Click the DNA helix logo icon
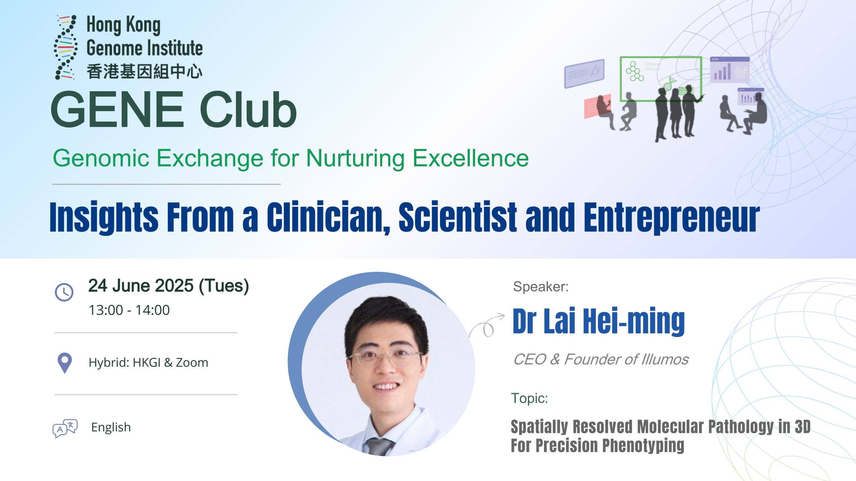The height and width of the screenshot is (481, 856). [x=66, y=47]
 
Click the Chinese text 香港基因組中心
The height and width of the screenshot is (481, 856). [x=144, y=72]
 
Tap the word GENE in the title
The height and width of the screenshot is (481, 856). [x=117, y=109]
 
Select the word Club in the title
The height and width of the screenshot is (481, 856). [x=248, y=109]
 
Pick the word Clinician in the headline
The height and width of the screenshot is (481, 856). [x=328, y=217]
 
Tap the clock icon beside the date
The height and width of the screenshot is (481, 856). [x=64, y=292]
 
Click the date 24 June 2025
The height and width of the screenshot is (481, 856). [x=141, y=286]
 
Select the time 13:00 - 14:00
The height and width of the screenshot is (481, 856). [x=129, y=310]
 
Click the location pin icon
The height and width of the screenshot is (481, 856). [x=65, y=363]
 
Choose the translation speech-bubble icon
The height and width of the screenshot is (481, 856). [x=65, y=428]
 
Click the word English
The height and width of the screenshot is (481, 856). [x=111, y=428]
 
